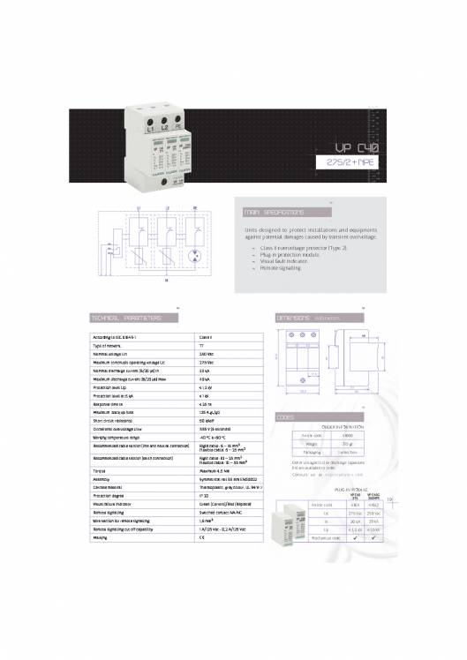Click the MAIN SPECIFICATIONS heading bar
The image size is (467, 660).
tap(275, 213)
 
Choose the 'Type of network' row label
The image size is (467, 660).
tap(110, 345)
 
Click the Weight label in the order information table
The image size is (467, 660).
tap(309, 444)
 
